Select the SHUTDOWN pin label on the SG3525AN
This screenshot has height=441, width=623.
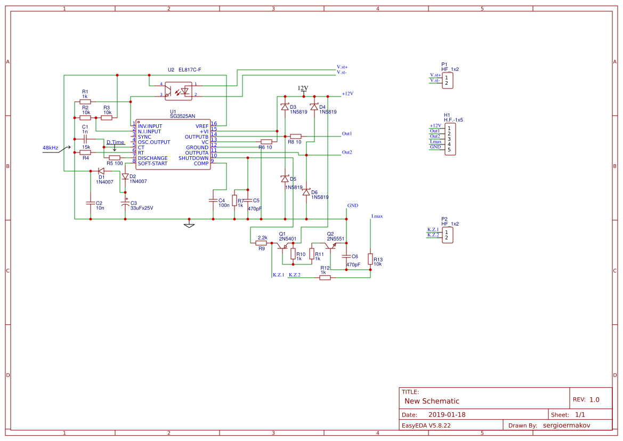(193, 158)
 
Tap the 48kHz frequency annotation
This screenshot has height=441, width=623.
(50, 148)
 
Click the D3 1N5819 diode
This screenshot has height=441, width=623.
(285, 107)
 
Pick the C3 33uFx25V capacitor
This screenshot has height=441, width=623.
(125, 204)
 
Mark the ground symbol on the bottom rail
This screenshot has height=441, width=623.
(189, 224)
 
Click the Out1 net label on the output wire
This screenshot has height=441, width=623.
(347, 134)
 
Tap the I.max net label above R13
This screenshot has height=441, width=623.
(377, 217)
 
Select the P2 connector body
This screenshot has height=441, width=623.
(447, 235)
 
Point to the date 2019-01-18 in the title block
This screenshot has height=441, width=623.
(447, 414)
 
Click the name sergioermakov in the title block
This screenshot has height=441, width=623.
(570, 425)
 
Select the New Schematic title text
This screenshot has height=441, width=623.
(432, 401)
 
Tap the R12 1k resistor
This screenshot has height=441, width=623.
(325, 277)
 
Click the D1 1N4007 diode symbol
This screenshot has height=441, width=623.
(101, 171)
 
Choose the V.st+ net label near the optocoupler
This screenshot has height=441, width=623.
(342, 67)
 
